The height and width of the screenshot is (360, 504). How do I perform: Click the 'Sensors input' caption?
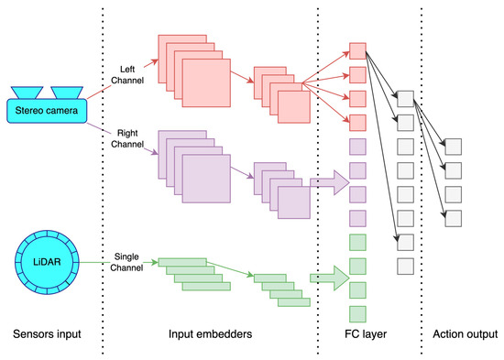pos(46,333)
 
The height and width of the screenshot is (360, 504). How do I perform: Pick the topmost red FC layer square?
pos(358,49)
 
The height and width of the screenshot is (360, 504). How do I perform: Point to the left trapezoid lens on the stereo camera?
pos(27,93)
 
